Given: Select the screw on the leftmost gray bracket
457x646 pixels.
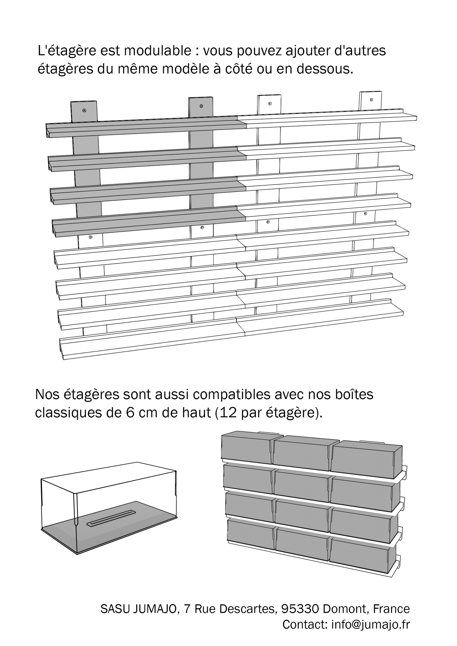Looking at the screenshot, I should point(84,110).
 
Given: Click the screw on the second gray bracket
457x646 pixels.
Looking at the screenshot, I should point(201,106).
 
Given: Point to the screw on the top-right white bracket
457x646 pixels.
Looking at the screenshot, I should point(371,100).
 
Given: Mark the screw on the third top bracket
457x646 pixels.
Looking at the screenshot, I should point(270,103).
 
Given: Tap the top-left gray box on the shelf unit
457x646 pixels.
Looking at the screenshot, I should point(245,447).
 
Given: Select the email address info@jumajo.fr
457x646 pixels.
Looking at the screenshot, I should point(370,624).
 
